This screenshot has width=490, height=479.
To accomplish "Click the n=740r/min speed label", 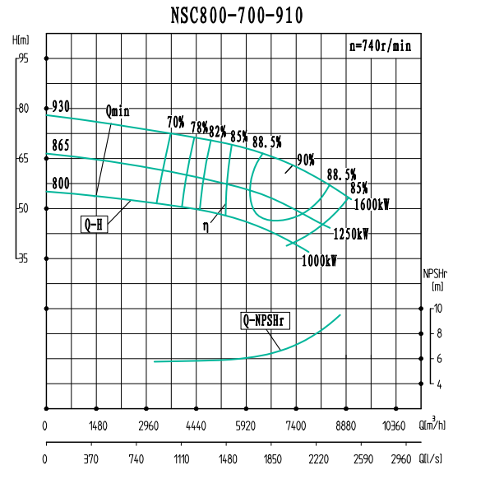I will click(x=379, y=47).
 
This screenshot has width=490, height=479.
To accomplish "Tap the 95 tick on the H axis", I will click(x=22, y=58).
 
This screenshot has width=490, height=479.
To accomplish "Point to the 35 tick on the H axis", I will click(x=22, y=258).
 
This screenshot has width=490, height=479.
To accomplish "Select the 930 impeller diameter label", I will click(x=60, y=107).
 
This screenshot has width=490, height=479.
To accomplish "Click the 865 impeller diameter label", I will click(x=60, y=146).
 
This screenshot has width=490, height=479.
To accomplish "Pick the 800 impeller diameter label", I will click(x=60, y=184).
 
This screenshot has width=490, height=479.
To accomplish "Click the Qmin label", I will click(x=118, y=112).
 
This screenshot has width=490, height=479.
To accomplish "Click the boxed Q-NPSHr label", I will click(x=268, y=320).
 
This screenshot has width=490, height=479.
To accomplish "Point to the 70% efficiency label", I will click(x=175, y=122).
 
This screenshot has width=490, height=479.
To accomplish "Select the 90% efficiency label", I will click(x=305, y=159).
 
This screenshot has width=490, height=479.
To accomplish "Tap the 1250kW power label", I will click(x=350, y=234).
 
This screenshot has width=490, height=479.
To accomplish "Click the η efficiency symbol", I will click(x=206, y=223).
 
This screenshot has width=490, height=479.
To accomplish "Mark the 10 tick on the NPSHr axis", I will click(x=438, y=308).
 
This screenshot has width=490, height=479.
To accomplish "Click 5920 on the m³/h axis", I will click(x=246, y=426).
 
